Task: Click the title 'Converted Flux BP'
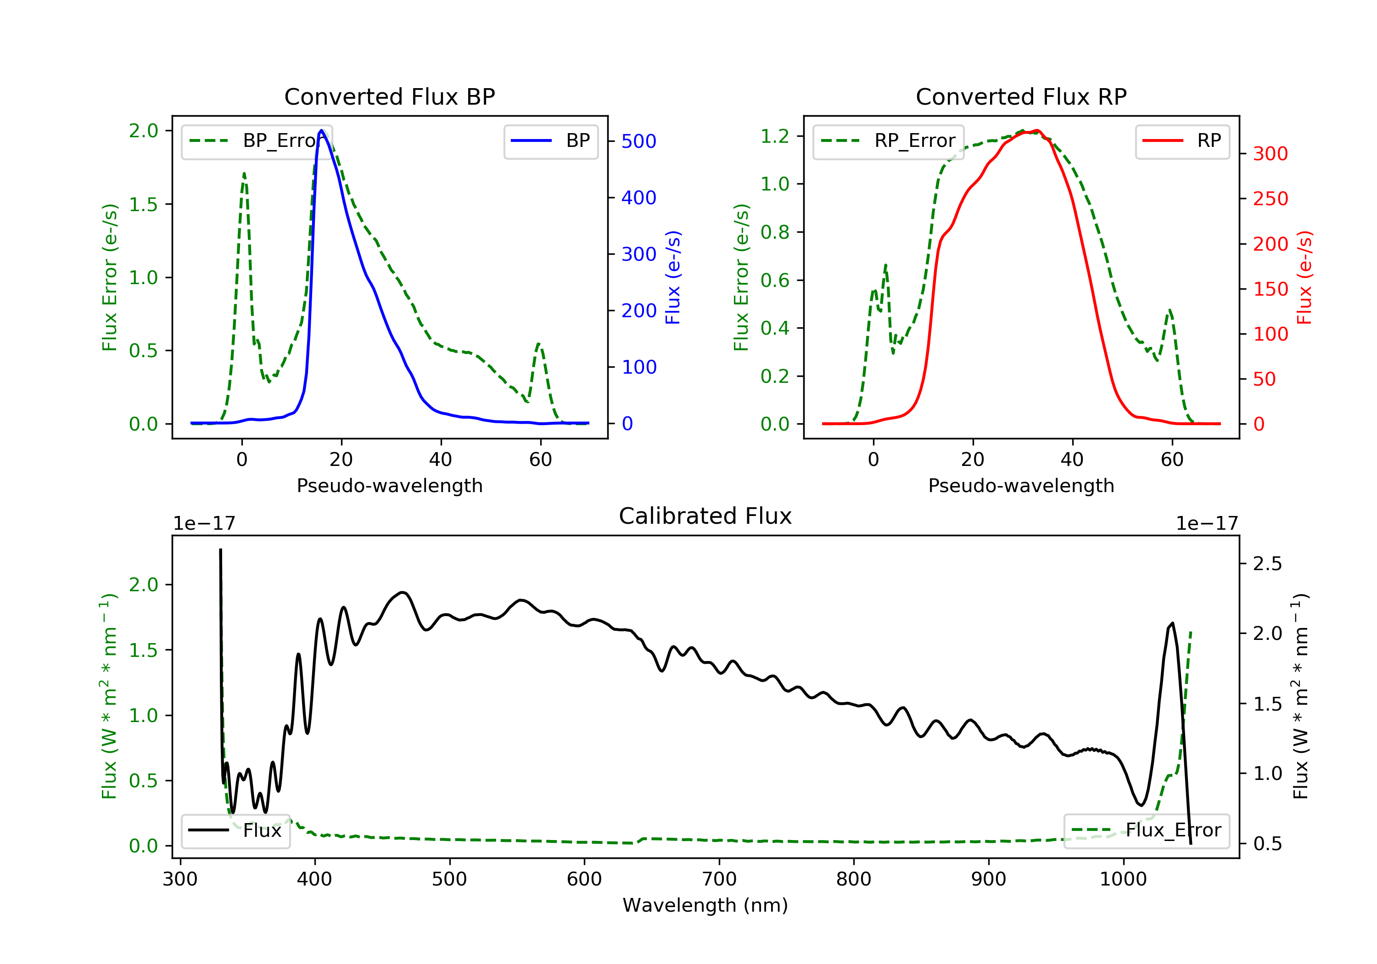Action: [x=390, y=96]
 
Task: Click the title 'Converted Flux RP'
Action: [x=1021, y=96]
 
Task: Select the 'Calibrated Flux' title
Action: [x=705, y=516]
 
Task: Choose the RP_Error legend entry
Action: [x=888, y=141]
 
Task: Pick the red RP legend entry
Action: [x=1182, y=141]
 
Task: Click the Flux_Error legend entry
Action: [x=1146, y=830]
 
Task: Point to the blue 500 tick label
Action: [x=639, y=141]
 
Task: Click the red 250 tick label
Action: [x=1270, y=199]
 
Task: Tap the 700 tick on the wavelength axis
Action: [x=719, y=880]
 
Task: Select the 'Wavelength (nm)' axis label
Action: [x=705, y=905]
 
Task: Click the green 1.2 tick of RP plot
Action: [x=775, y=136]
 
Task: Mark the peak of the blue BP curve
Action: [x=321, y=130]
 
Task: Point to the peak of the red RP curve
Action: [x=1037, y=130]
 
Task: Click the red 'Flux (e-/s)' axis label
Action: [x=1304, y=278]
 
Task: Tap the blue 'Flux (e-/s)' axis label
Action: [x=673, y=278]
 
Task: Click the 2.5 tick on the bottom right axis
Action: [x=1267, y=564]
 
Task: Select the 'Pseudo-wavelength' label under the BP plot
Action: [x=390, y=486]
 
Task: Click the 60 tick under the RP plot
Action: [x=1172, y=460]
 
